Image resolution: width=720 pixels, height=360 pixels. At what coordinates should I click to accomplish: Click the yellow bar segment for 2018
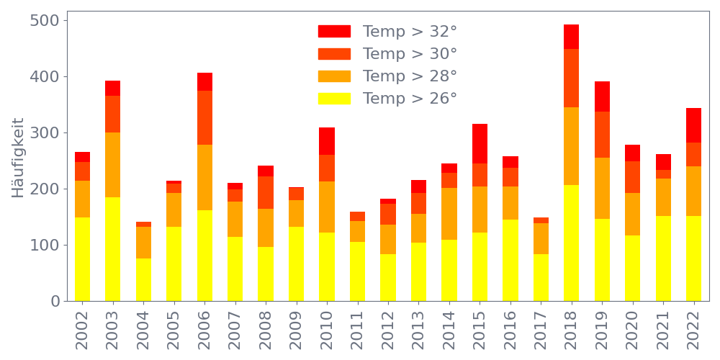tap(572, 243)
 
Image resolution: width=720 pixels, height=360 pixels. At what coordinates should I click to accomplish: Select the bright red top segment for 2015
tap(480, 144)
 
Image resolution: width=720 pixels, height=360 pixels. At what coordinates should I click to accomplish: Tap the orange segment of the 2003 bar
tap(112, 165)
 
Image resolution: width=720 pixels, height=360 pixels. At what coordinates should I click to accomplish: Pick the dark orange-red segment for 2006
tap(204, 118)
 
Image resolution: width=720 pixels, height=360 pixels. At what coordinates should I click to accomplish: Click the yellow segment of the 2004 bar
tap(143, 279)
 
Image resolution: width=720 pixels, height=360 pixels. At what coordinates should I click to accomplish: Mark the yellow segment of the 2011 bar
tap(357, 271)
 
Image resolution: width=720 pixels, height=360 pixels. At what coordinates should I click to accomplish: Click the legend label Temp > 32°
tap(410, 32)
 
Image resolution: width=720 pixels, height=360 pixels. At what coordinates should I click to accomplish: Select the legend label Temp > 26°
tap(410, 98)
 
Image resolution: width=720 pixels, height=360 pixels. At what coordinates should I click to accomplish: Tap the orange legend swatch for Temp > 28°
tap(334, 76)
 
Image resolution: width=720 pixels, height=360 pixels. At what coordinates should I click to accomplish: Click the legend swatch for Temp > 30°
tap(334, 54)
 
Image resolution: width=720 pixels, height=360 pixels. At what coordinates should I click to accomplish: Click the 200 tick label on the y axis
tap(45, 189)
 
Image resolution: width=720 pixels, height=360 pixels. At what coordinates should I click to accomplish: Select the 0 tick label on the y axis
tap(55, 301)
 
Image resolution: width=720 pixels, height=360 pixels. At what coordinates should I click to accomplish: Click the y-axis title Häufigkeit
tap(18, 158)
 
